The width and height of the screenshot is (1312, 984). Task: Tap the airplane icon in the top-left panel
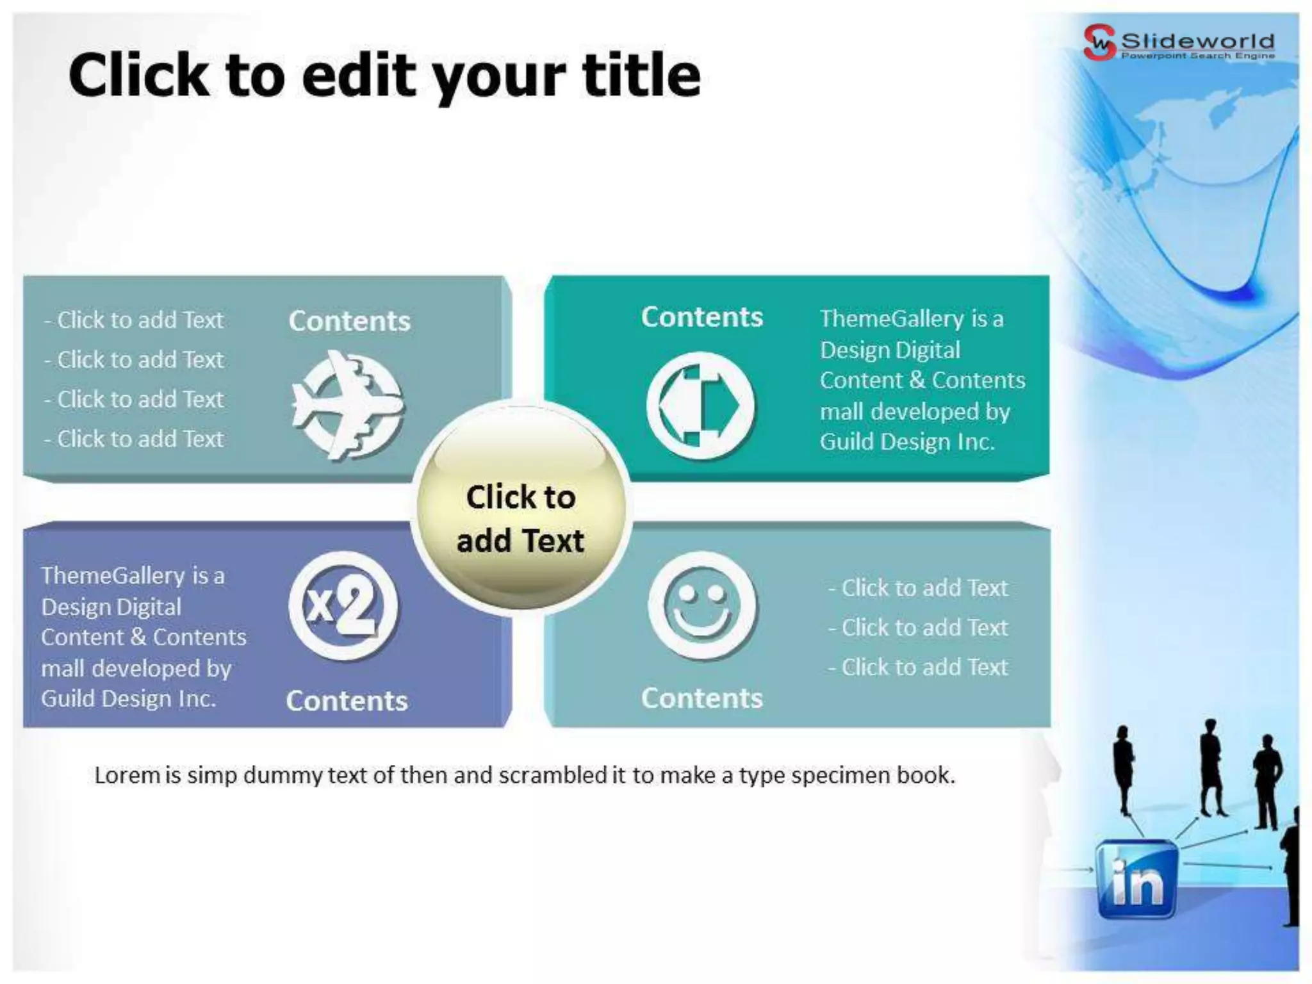(x=348, y=405)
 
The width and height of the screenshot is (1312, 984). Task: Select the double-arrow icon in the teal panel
(x=701, y=406)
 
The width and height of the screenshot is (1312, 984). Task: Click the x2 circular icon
(x=343, y=605)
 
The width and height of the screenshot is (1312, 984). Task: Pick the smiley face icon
(x=703, y=605)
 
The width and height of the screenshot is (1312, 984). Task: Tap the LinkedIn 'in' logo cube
(x=1136, y=879)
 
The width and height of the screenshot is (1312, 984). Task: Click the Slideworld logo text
(x=1197, y=42)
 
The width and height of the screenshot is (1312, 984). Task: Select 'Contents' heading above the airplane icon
(x=349, y=321)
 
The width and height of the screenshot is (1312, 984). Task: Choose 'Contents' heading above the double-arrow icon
(x=702, y=317)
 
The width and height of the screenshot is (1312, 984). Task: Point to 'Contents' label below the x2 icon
(x=347, y=701)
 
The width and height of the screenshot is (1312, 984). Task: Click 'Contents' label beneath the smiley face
(x=702, y=698)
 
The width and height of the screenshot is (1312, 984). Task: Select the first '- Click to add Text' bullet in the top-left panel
(x=135, y=320)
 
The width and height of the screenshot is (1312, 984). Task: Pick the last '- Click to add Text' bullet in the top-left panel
(x=135, y=439)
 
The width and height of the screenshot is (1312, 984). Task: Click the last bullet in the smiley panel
(x=918, y=667)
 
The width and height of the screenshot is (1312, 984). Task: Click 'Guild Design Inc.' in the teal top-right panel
(x=907, y=441)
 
